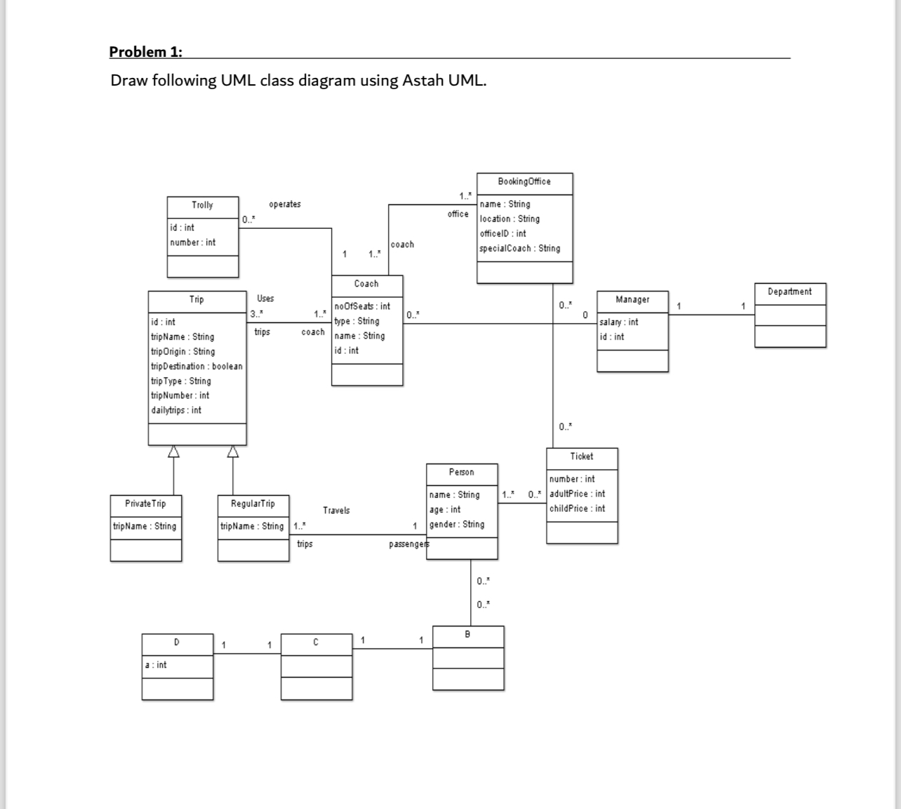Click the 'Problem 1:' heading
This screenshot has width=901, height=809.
click(x=145, y=52)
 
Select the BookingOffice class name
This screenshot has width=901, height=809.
click(x=524, y=182)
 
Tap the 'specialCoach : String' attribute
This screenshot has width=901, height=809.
click(x=519, y=249)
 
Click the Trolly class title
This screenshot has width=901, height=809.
click(x=202, y=205)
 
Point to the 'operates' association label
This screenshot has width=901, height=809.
click(x=284, y=204)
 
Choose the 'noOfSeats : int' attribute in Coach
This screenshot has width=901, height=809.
click(x=362, y=306)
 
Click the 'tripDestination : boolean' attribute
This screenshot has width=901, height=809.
click(x=196, y=367)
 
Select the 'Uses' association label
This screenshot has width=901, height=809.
click(x=265, y=298)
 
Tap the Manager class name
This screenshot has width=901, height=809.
click(x=632, y=300)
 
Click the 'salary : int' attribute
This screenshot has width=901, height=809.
click(x=618, y=322)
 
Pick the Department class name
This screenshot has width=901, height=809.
click(x=789, y=292)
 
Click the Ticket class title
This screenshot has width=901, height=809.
click(x=582, y=456)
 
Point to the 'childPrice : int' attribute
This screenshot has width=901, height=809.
click(x=577, y=509)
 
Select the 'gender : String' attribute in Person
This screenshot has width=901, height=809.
click(x=456, y=525)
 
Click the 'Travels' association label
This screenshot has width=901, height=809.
click(x=336, y=511)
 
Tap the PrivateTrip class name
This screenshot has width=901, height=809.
click(x=145, y=504)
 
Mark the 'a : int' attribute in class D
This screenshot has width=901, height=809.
click(x=156, y=665)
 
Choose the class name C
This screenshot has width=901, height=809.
click(x=316, y=643)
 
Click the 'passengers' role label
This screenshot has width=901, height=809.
click(x=408, y=545)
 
